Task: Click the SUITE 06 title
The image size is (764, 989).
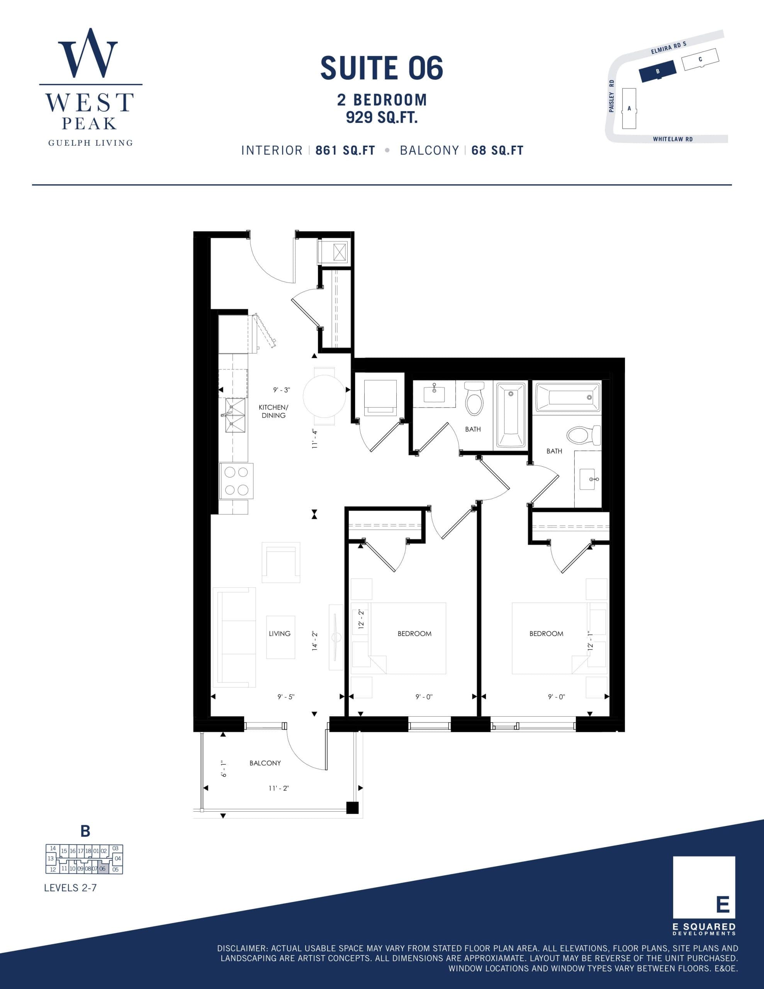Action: coord(381,68)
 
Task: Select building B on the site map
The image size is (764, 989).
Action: coord(657,71)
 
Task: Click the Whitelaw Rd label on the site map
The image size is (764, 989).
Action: coord(672,139)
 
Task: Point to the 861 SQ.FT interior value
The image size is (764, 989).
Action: coord(345,150)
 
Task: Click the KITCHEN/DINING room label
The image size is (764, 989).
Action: coord(273,411)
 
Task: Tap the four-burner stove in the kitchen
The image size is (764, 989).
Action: coord(236,481)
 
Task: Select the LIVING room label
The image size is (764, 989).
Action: coord(279,634)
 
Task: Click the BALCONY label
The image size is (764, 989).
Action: coord(265,763)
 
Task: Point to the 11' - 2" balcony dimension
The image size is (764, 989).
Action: coord(278,788)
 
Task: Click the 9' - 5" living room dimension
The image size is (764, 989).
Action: coord(286,697)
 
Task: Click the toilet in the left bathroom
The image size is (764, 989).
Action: coord(474,399)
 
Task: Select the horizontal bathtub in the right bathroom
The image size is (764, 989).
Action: coord(568,397)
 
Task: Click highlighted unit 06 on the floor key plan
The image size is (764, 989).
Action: coord(103,869)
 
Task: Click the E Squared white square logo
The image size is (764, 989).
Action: coord(704,887)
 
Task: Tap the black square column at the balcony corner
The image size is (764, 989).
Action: coord(352,808)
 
